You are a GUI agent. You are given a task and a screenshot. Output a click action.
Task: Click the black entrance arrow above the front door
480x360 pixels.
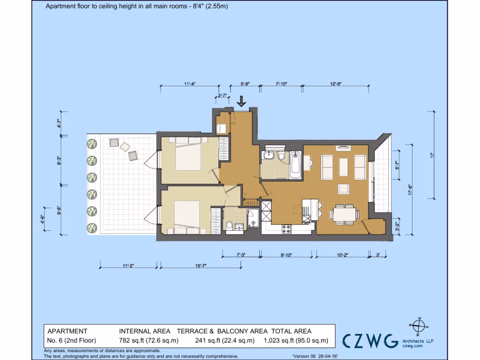[x=242, y=101]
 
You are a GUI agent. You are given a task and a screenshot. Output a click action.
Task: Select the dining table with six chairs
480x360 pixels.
[x=344, y=213]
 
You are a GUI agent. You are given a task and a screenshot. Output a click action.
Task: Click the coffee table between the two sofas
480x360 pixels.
[x=344, y=167]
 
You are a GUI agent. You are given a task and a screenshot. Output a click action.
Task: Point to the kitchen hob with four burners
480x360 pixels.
[x=285, y=229]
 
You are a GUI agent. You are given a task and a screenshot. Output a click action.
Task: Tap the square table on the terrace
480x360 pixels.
[x=125, y=146]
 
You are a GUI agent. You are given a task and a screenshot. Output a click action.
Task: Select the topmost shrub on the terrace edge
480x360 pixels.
[x=92, y=143]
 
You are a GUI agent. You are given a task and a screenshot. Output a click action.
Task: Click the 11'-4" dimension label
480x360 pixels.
[x=189, y=84]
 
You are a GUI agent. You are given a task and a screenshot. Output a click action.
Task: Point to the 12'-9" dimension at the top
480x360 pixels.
[x=336, y=84]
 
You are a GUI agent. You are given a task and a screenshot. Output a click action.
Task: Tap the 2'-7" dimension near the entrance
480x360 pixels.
[x=223, y=96]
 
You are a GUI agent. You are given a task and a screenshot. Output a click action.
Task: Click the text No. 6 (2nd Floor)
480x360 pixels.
[x=71, y=341]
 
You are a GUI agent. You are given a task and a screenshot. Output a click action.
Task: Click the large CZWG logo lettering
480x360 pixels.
[x=370, y=341]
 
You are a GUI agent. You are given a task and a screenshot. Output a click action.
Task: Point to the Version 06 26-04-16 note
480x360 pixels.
[x=315, y=356]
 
